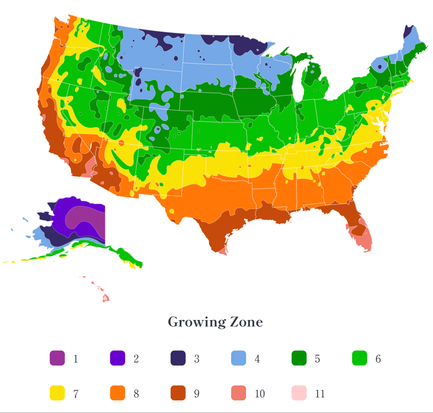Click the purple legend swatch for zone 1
[57, 358]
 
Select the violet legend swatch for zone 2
[118, 358]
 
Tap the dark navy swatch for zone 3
[178, 358]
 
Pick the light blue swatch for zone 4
[238, 358]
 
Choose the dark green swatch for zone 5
[299, 358]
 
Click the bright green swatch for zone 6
[359, 358]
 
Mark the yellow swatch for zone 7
[57, 394]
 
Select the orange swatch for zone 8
[118, 394]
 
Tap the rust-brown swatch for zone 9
[178, 394]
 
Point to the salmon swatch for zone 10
[238, 394]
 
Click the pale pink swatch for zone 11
[299, 394]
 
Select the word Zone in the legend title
[246, 322]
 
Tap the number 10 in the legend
[260, 394]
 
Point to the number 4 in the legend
[257, 359]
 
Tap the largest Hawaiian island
[106, 298]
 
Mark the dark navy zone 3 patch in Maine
[408, 31]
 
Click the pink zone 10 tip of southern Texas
[223, 251]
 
